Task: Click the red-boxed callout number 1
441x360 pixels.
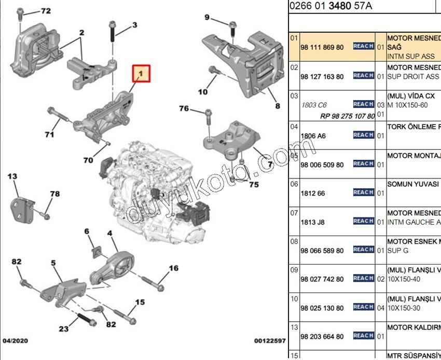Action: coord(140,74)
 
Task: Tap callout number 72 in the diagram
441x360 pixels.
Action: coord(46,11)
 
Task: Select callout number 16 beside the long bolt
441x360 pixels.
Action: coord(173,268)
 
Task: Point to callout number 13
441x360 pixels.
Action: coord(12,177)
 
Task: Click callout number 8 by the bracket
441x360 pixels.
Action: coord(277,106)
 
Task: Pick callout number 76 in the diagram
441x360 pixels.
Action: coord(184,108)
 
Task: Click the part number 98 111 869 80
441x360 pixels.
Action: coord(322,47)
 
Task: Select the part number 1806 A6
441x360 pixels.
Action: coord(313,135)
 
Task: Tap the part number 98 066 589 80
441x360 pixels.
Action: coord(322,251)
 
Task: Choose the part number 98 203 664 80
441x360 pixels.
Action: coord(322,336)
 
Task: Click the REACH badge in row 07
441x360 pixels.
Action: coord(363,221)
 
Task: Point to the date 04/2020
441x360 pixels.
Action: coord(16,341)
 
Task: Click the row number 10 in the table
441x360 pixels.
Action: coord(294,298)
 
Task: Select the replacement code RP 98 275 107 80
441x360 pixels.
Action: coord(347,116)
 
